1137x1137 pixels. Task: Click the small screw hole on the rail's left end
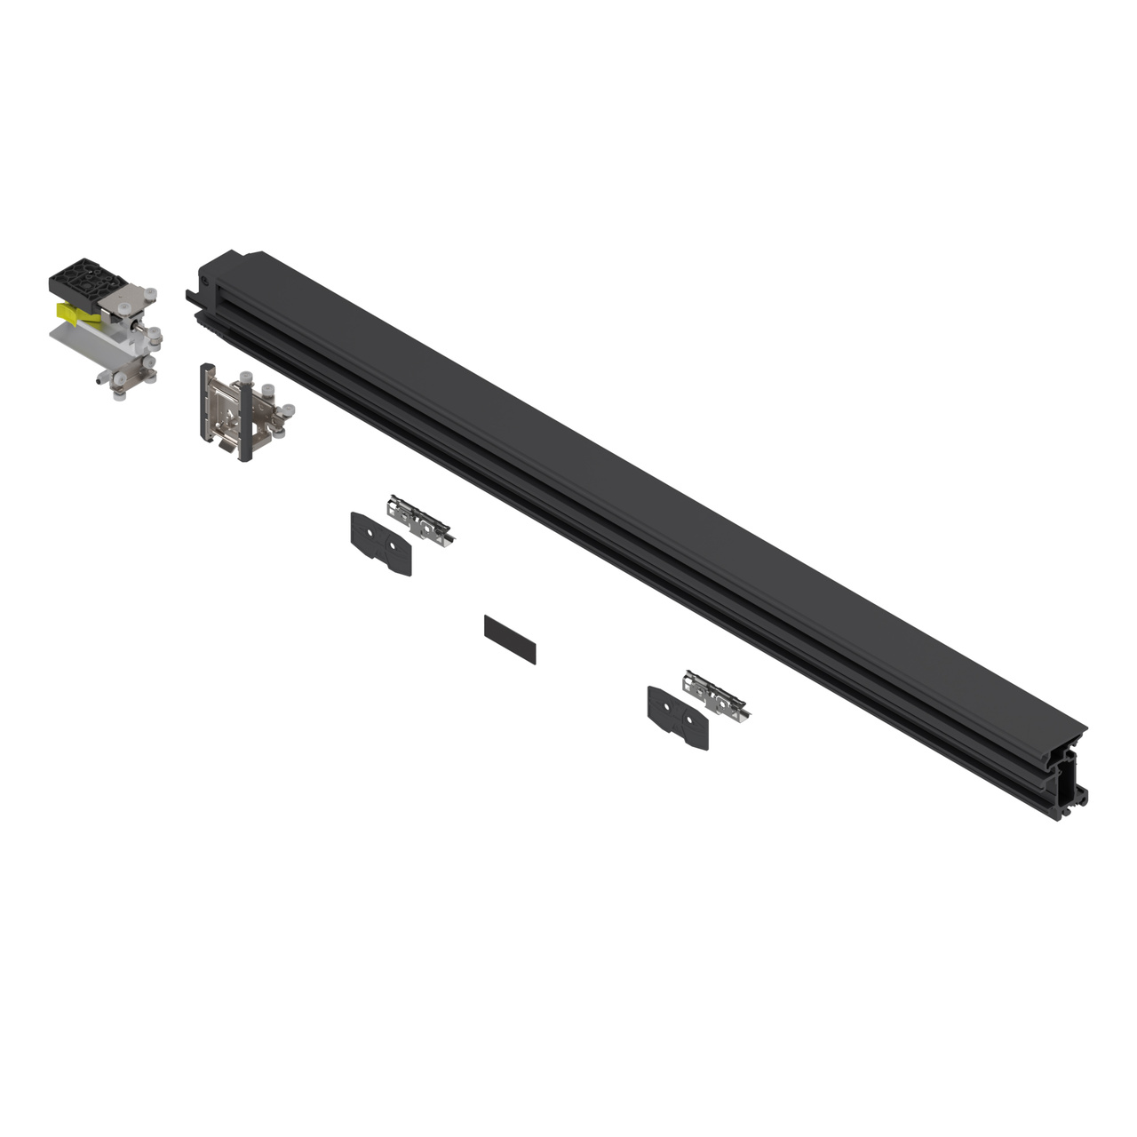(x=206, y=278)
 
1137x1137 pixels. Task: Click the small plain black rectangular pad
(x=510, y=639)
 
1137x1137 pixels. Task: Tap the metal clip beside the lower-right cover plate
(x=716, y=695)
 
